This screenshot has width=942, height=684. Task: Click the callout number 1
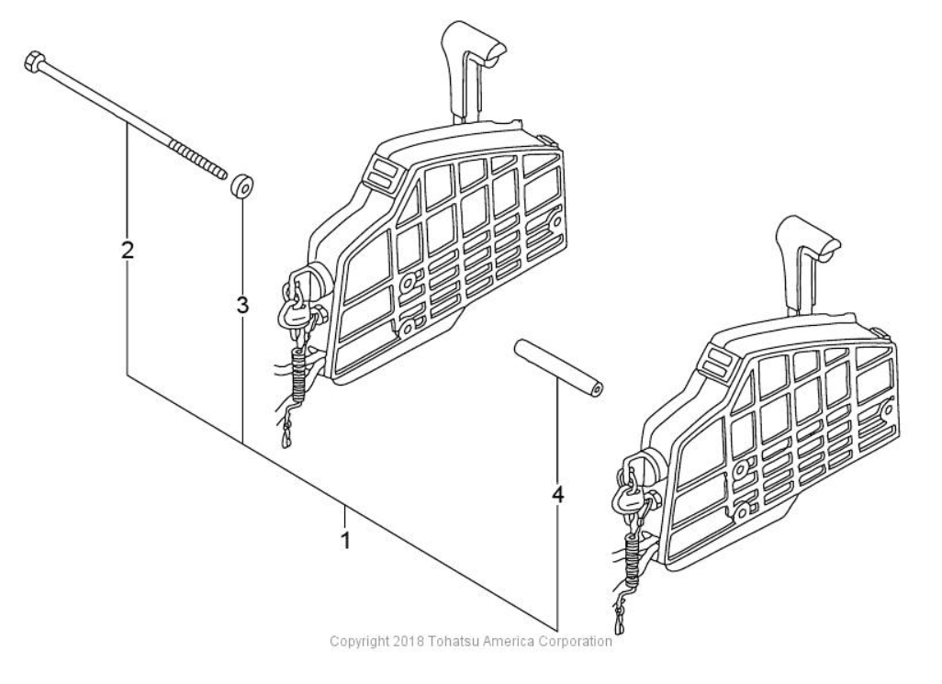(345, 539)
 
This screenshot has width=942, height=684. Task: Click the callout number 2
(128, 249)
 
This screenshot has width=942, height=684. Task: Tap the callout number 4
(557, 494)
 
